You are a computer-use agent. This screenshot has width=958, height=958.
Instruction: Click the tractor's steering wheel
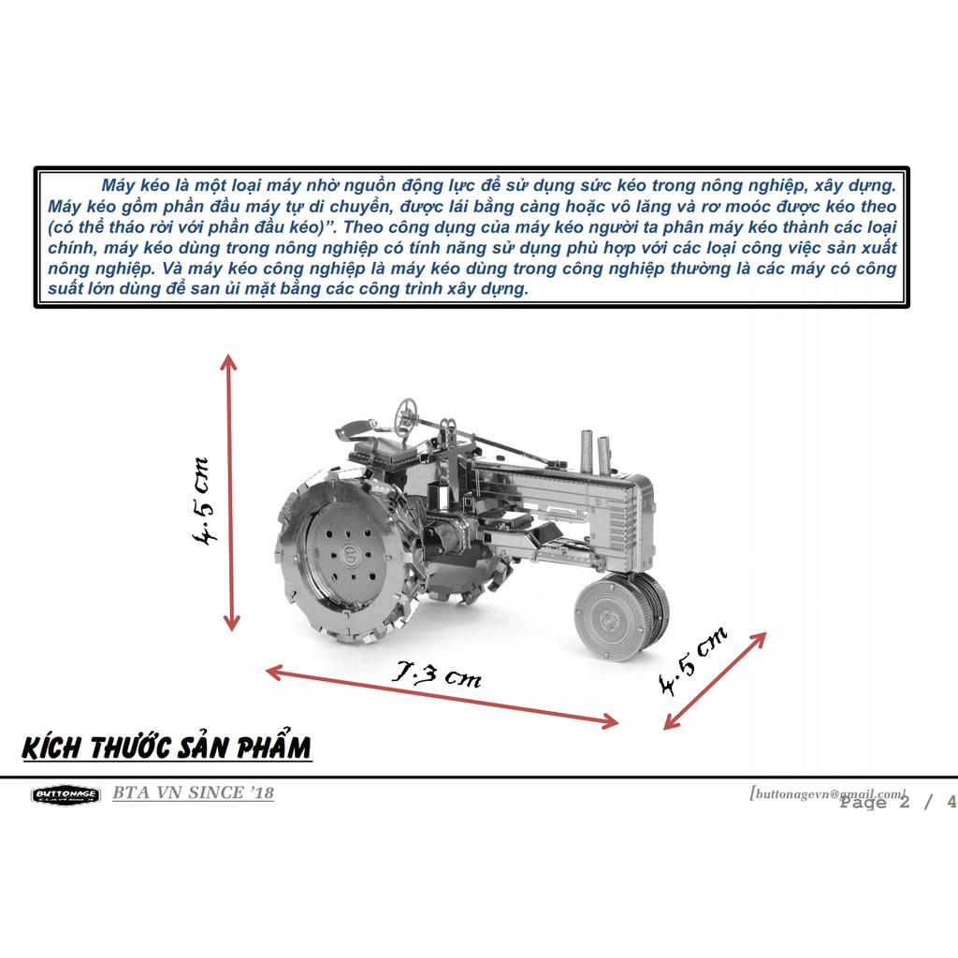tap(406, 408)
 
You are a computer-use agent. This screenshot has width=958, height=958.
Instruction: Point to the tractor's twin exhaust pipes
tap(594, 452)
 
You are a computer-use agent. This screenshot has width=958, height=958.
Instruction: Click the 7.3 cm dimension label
tap(436, 674)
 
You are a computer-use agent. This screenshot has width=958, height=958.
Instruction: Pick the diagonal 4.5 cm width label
tap(693, 660)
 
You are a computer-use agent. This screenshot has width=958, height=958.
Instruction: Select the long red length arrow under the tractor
tap(442, 696)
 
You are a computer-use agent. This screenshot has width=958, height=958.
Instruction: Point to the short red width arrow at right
tap(715, 681)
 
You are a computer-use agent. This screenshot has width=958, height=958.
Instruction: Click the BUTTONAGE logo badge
tap(65, 795)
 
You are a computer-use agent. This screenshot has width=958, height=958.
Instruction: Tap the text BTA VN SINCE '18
tap(193, 792)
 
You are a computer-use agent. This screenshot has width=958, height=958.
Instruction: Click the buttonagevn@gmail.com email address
tap(829, 793)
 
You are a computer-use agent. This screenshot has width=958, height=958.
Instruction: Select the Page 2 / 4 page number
tap(898, 802)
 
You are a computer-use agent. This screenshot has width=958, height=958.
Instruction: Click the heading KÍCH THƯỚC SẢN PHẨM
tap(167, 747)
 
